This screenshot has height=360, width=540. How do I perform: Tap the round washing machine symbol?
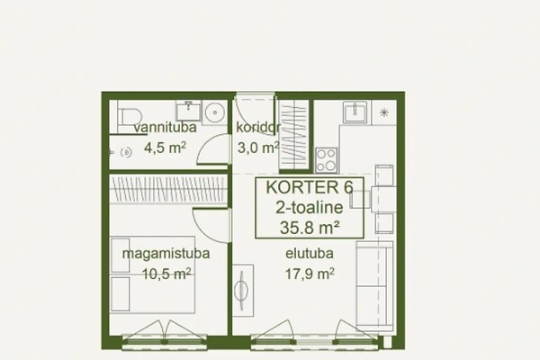click(x=215, y=112)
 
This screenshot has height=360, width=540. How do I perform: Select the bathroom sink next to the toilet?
click(x=188, y=111)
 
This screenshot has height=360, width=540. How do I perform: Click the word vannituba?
click(x=165, y=128)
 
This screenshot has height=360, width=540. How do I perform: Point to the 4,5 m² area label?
click(x=165, y=148)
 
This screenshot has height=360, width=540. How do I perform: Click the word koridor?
click(x=258, y=127)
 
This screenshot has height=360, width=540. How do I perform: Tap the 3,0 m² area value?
click(x=258, y=148)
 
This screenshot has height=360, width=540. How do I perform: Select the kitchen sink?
click(x=355, y=112)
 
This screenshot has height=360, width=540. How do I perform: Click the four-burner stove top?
click(x=327, y=160)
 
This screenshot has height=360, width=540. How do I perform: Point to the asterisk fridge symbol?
click(x=384, y=112)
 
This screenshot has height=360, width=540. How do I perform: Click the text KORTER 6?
click(x=310, y=187)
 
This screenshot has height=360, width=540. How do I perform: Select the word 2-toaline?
click(x=310, y=207)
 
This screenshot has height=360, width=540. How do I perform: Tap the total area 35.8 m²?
click(x=310, y=228)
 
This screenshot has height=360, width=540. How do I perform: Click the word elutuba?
click(x=310, y=254)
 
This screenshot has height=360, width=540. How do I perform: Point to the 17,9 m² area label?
click(x=310, y=274)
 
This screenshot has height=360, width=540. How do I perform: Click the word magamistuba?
click(x=166, y=254)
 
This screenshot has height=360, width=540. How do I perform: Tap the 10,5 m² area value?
click(x=166, y=274)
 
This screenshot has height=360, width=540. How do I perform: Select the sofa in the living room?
click(x=374, y=286)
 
